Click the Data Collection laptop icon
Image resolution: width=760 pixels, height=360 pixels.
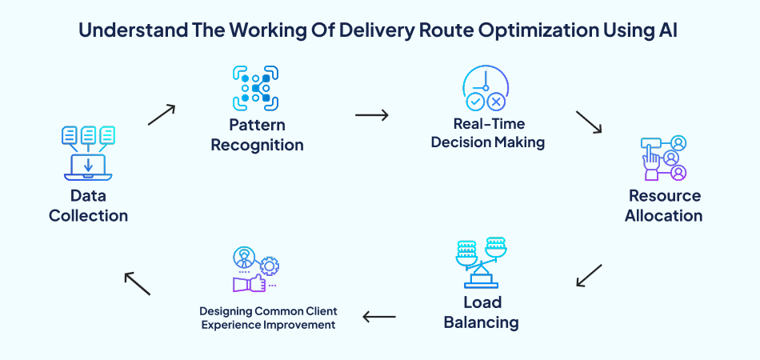[88, 152]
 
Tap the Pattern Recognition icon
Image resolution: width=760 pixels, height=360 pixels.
[256, 88]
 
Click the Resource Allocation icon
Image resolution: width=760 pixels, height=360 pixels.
[663, 159]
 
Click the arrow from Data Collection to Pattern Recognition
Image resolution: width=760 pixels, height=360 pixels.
[162, 114]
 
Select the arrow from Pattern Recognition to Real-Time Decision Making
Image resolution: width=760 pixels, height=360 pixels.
[371, 115]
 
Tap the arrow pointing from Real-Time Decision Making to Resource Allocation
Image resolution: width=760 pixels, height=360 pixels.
[589, 122]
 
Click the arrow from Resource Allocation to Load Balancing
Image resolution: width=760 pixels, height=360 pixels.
[589, 274]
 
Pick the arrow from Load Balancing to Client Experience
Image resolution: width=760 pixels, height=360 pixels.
[379, 317]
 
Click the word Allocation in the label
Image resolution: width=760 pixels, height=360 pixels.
[663, 215]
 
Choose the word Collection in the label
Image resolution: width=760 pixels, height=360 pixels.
[88, 215]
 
